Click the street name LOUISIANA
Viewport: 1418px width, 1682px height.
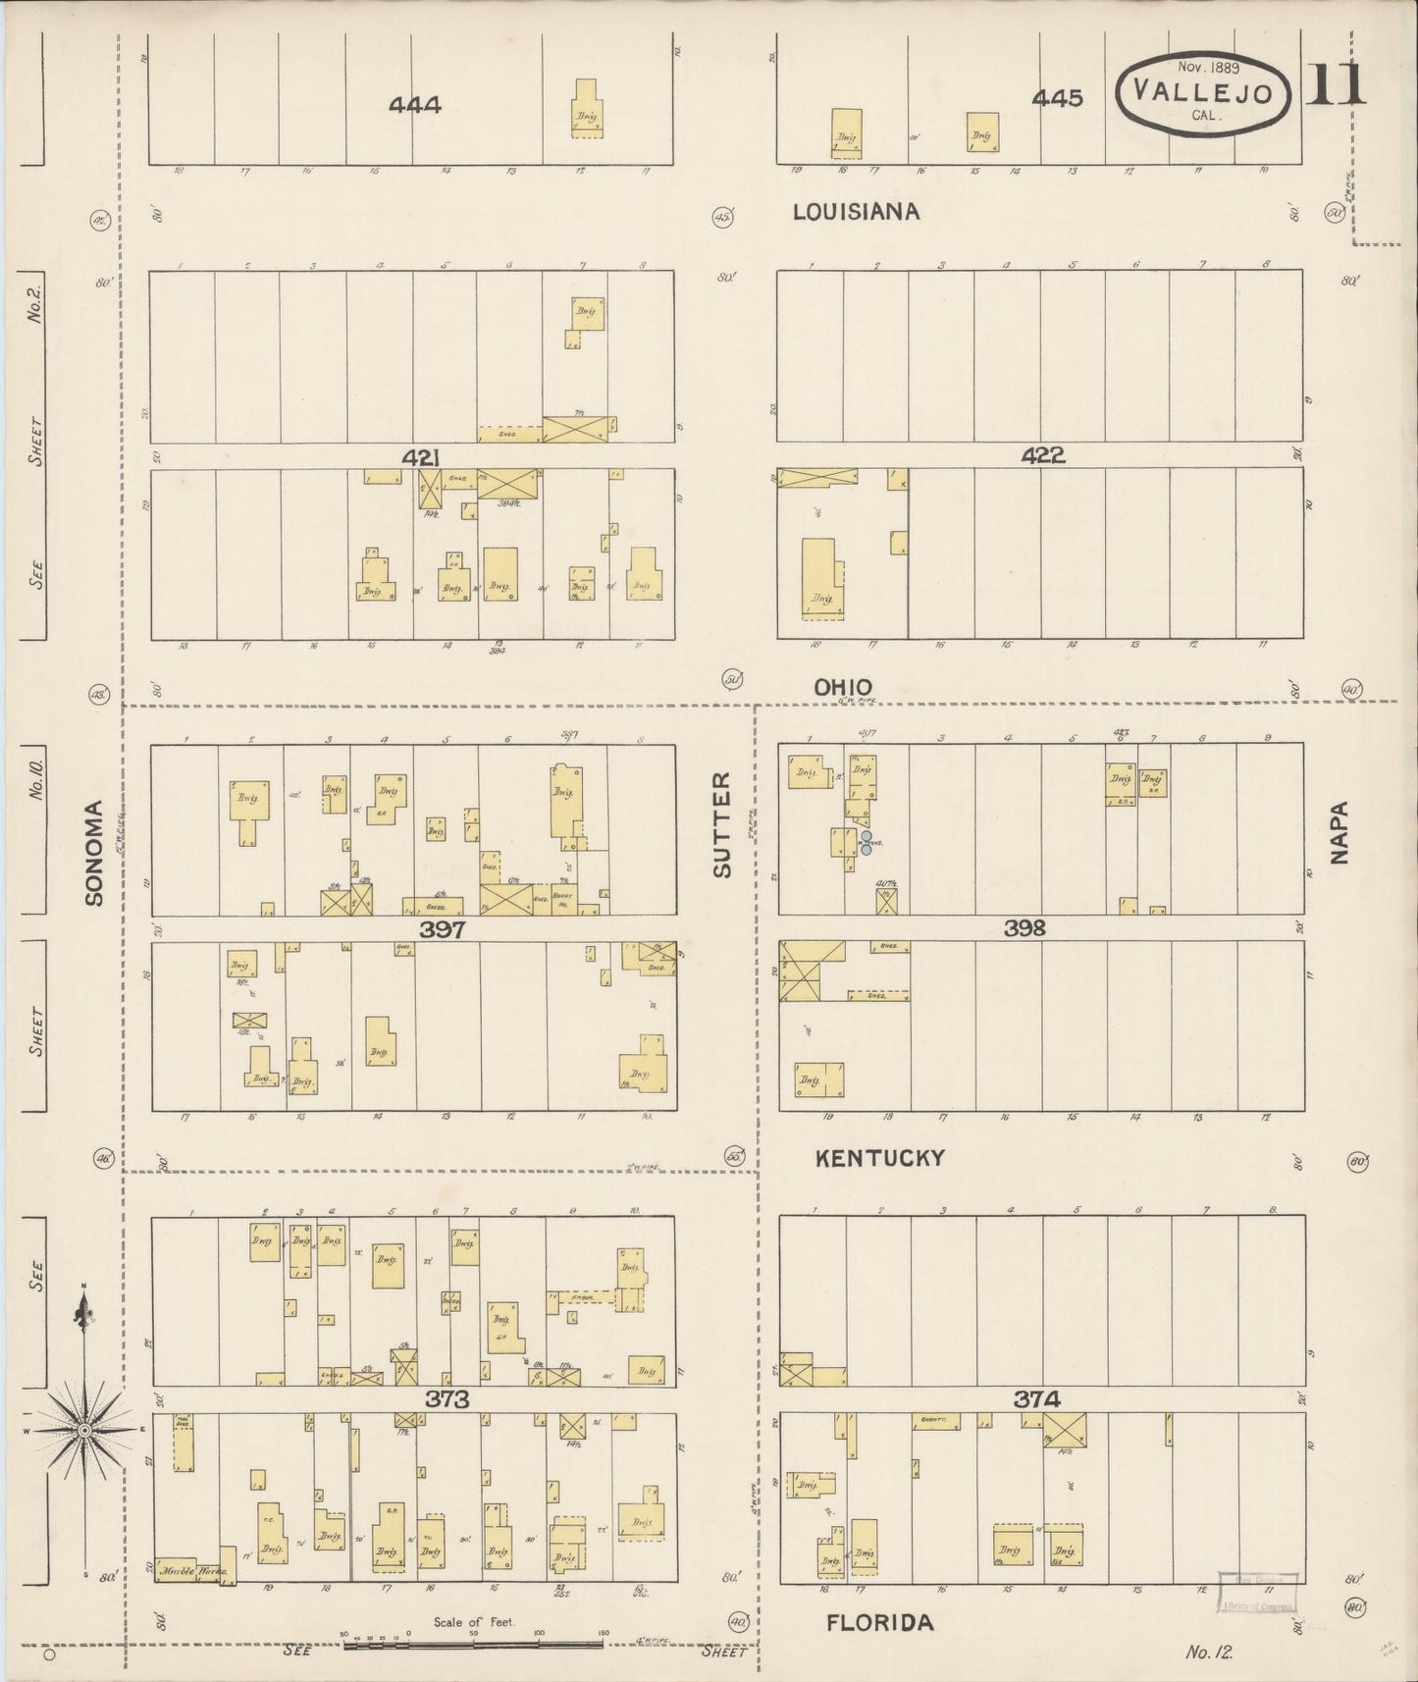(856, 211)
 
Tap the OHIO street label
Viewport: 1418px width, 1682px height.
(842, 687)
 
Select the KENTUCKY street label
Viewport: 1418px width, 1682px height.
(880, 1158)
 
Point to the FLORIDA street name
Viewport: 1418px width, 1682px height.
(879, 1622)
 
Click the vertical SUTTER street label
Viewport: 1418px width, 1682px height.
(722, 824)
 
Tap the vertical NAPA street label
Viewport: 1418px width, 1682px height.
(1339, 832)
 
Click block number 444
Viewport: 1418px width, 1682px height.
(414, 104)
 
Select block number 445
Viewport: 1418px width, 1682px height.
(1057, 98)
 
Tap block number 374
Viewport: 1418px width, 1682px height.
(1036, 1399)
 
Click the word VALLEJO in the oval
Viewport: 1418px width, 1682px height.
(1203, 93)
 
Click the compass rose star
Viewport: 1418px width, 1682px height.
(84, 1431)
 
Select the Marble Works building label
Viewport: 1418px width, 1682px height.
(194, 1570)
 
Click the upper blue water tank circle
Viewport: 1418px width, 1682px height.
(867, 836)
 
